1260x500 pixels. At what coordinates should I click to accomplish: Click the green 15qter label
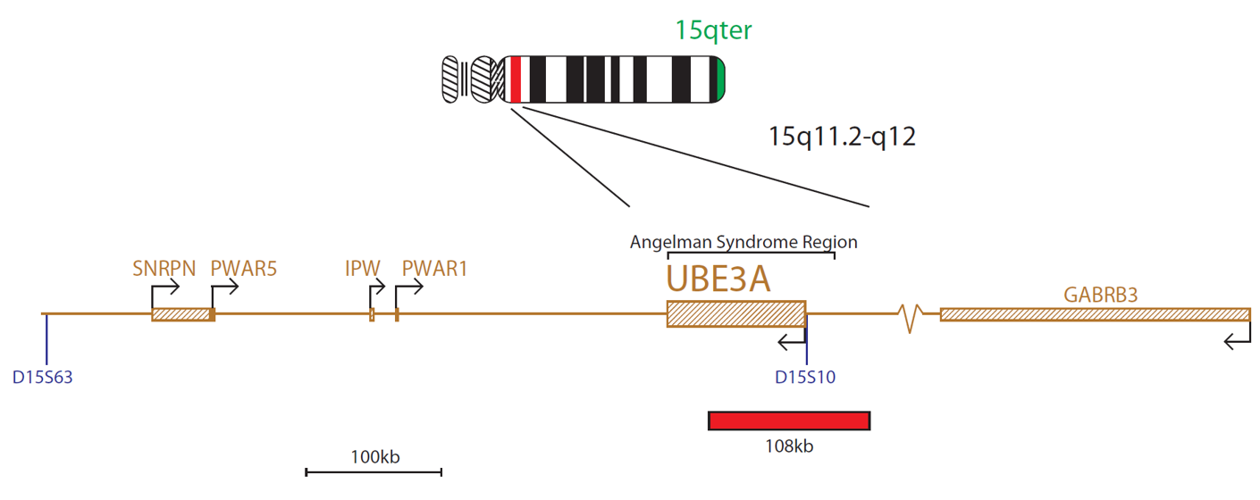(713, 30)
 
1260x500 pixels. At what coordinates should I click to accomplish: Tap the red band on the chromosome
(516, 79)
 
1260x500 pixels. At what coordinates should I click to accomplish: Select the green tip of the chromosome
(720, 79)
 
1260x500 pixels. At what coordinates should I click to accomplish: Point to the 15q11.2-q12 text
(842, 137)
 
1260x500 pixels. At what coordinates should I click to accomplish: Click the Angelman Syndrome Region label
(743, 242)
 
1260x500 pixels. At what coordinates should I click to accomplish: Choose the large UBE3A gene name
(718, 278)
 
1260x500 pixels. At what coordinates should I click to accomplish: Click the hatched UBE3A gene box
(736, 313)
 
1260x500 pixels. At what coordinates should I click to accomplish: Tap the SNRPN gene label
(164, 269)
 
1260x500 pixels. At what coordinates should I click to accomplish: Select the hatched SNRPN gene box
(181, 314)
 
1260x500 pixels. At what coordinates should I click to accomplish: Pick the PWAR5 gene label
(244, 269)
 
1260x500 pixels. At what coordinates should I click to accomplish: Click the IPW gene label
(362, 269)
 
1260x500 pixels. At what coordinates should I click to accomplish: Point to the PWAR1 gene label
(434, 269)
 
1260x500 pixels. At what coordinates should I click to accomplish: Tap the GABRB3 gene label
(1100, 295)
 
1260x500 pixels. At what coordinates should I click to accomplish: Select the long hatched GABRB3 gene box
(1096, 314)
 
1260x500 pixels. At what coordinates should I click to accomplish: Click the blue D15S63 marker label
(42, 377)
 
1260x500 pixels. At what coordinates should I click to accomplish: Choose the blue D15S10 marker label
(805, 377)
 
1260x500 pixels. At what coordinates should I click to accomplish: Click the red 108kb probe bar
(789, 421)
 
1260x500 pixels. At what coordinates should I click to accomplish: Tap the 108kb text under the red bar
(789, 446)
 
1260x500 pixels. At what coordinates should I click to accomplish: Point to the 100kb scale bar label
(375, 457)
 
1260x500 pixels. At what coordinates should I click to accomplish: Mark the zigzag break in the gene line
(910, 318)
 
